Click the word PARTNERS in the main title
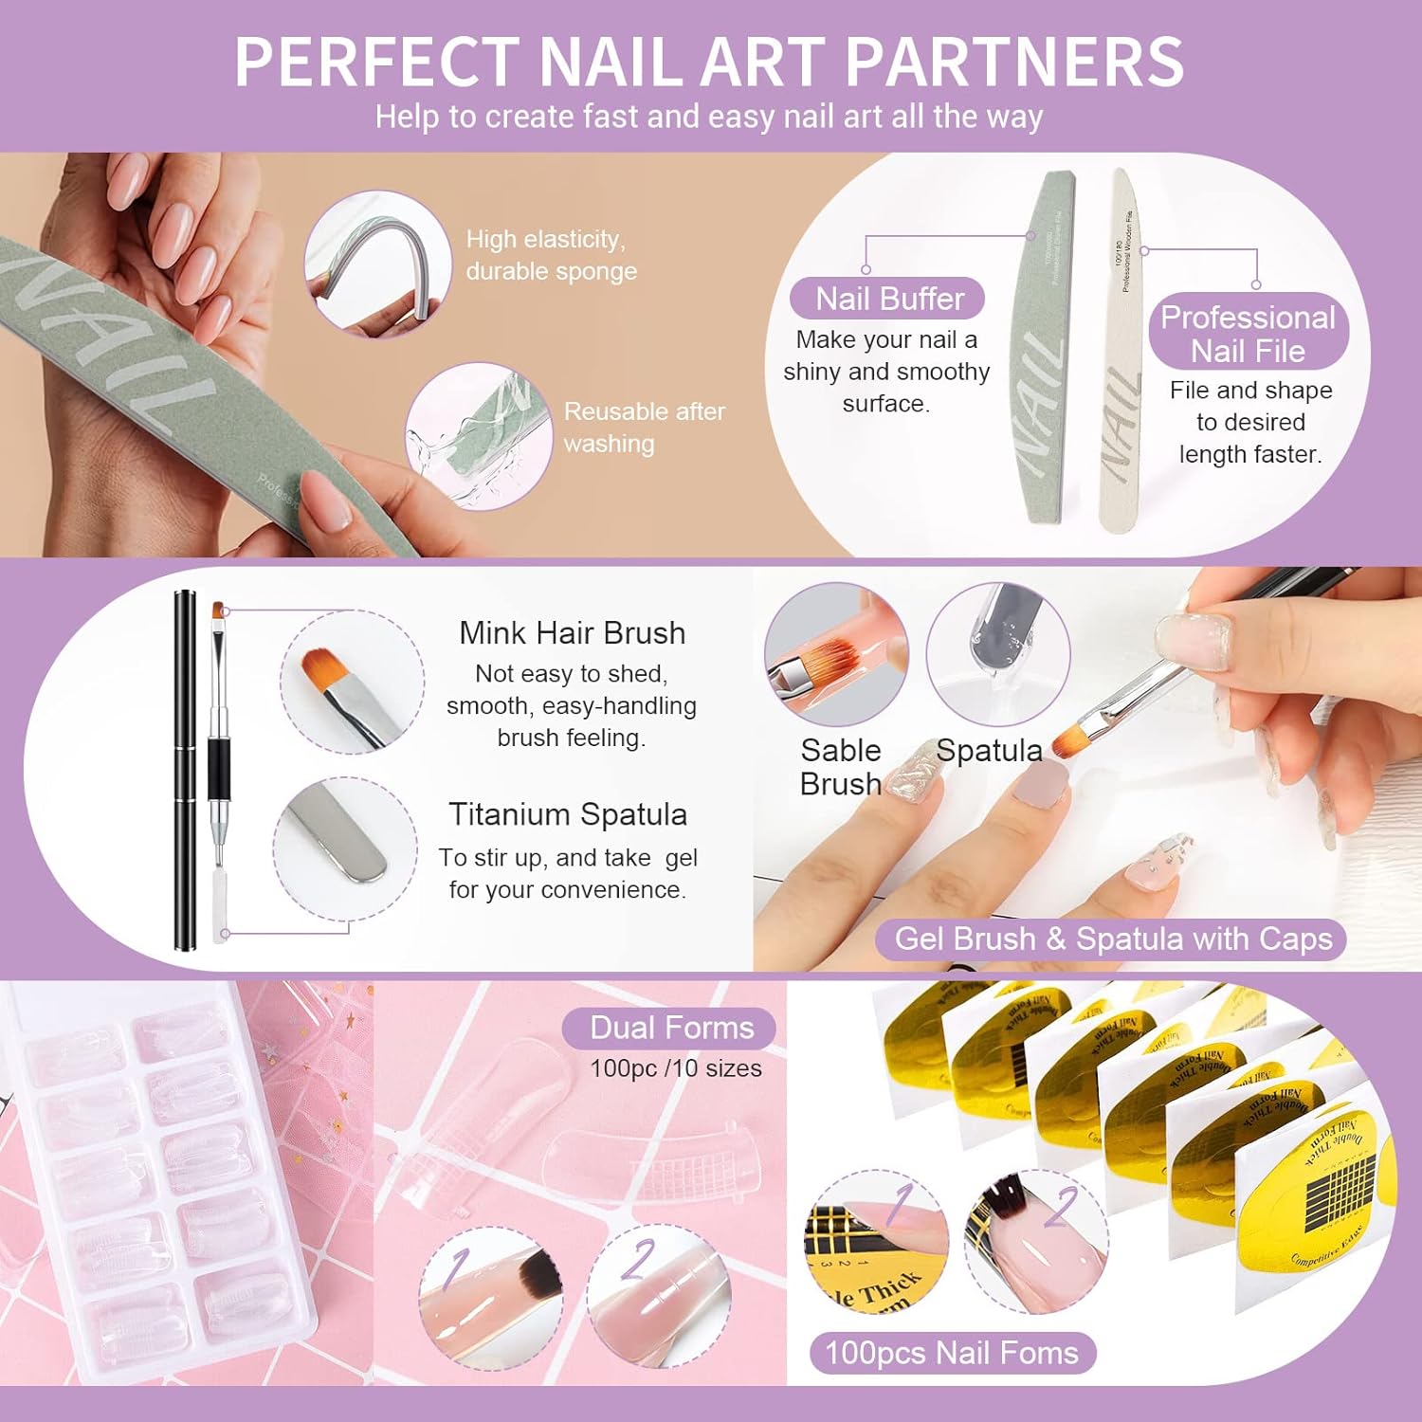tap(1013, 63)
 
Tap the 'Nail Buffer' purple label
tap(888, 299)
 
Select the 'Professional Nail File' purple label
tap(1248, 334)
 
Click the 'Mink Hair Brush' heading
tap(572, 632)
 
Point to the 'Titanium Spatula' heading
tap(567, 814)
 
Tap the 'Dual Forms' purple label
tap(670, 1028)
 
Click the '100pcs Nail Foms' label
tap(952, 1353)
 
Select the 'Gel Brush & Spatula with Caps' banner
tap(1113, 939)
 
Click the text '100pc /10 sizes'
tap(675, 1068)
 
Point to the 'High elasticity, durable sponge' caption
tap(551, 255)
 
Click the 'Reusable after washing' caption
tap(644, 428)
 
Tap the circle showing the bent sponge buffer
tap(377, 264)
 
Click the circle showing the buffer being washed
tap(480, 437)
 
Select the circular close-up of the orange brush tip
tap(353, 682)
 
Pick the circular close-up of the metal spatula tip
tap(345, 848)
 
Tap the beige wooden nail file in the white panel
tap(1121, 351)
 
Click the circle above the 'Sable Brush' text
tap(836, 655)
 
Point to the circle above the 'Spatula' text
tap(997, 655)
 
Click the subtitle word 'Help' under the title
tap(407, 117)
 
